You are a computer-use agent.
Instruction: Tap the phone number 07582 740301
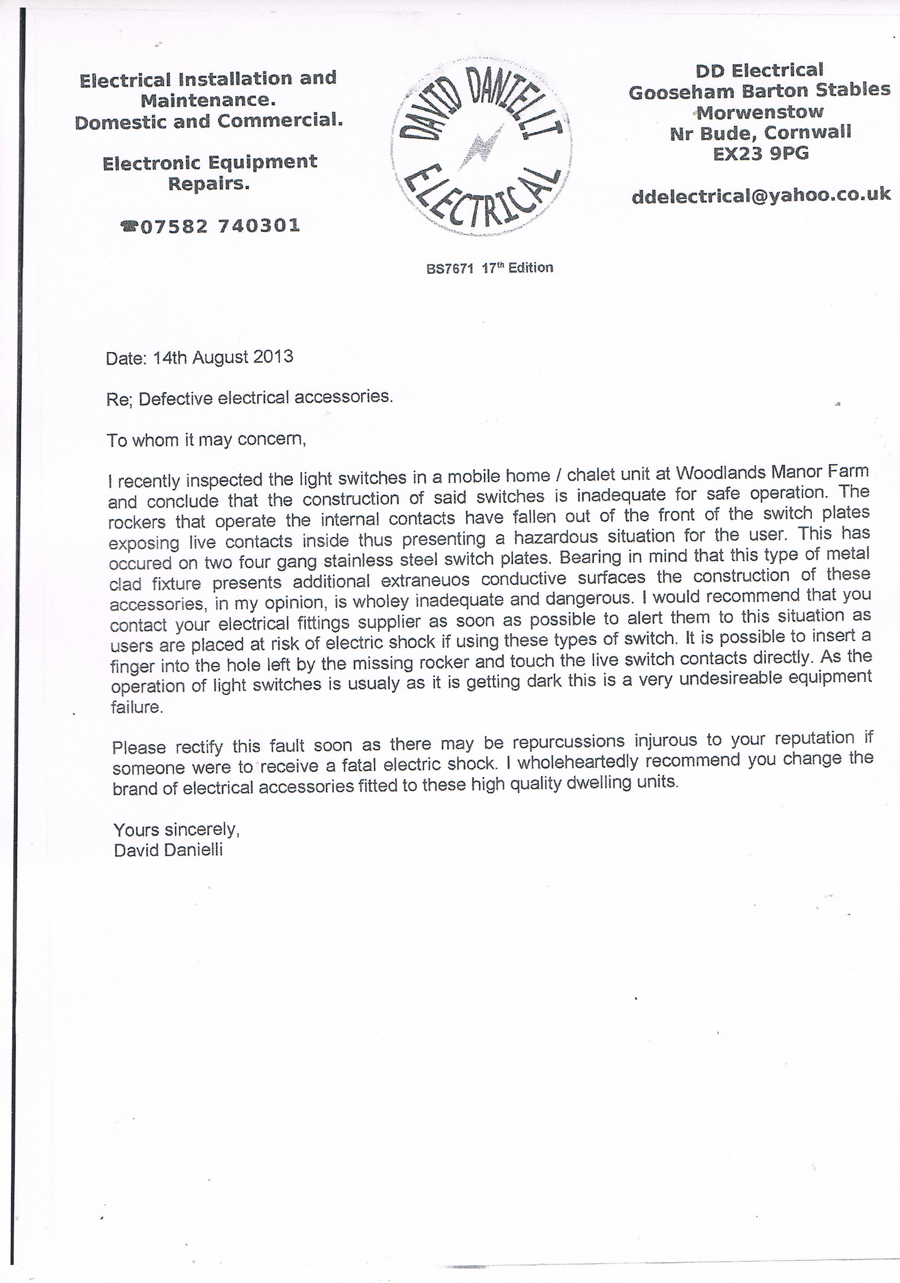pos(220,226)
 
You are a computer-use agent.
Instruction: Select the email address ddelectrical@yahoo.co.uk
pos(761,196)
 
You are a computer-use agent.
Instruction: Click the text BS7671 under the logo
pos(449,269)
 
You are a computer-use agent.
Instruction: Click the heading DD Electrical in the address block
pos(759,71)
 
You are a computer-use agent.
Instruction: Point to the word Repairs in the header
pos(208,183)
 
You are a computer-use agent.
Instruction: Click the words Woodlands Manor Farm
pos(772,472)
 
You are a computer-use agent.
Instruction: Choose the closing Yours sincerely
pos(176,829)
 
